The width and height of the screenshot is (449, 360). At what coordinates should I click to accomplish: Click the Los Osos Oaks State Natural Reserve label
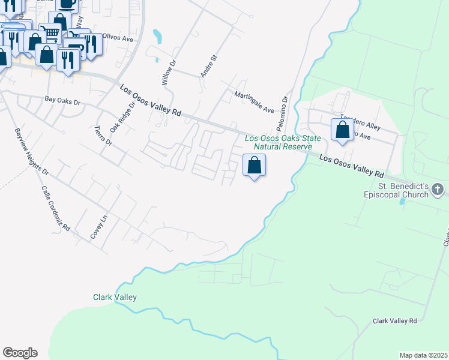pos(279,143)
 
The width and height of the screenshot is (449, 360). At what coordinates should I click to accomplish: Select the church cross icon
pos(439,190)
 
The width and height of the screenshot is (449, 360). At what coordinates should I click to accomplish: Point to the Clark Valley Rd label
pos(394,322)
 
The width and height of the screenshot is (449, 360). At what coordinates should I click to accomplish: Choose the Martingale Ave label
pos(254,103)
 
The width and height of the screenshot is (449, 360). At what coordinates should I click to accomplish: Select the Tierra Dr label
pos(104,136)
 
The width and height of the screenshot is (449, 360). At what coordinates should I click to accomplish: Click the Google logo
pos(20,353)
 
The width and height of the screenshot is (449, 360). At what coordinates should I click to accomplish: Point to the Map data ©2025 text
pos(423,355)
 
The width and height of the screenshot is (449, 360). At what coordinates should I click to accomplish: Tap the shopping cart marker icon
pos(52,32)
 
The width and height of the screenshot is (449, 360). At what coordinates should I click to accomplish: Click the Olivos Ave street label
pos(118,38)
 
